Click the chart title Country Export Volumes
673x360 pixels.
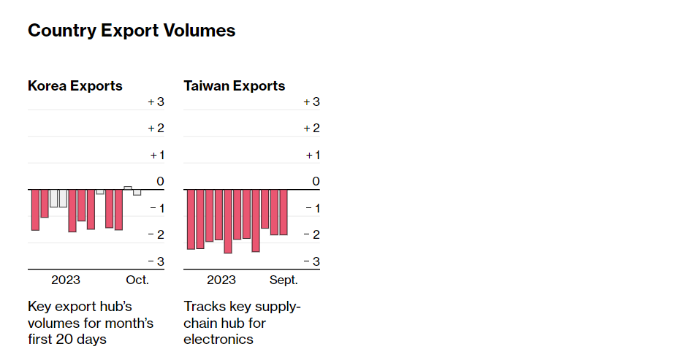pyautogui.click(x=132, y=31)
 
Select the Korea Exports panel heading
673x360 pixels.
pyautogui.click(x=75, y=86)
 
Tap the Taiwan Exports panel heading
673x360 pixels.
pyautogui.click(x=235, y=86)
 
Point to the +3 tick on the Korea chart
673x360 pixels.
pyautogui.click(x=156, y=102)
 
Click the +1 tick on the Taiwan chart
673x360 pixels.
pyautogui.click(x=312, y=155)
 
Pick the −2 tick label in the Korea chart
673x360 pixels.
pyautogui.click(x=156, y=234)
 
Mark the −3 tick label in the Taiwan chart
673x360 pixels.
pyautogui.click(x=312, y=261)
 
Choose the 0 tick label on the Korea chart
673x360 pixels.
pyautogui.click(x=161, y=181)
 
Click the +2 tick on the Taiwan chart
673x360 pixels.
pyautogui.click(x=312, y=129)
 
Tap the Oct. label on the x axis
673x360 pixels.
pyautogui.click(x=137, y=280)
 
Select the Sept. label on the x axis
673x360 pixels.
pyautogui.click(x=284, y=280)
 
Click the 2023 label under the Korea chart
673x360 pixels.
pyautogui.click(x=66, y=280)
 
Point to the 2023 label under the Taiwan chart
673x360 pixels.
pyautogui.click(x=221, y=280)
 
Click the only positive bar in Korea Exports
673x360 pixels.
pyautogui.click(x=128, y=188)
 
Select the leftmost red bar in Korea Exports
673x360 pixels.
pyautogui.click(x=35, y=210)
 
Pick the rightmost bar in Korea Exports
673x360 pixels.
pyautogui.click(x=137, y=192)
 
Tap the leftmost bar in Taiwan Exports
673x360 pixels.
pyautogui.click(x=191, y=219)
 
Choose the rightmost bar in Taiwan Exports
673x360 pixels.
pyautogui.click(x=284, y=212)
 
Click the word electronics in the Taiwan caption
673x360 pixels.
pyautogui.click(x=218, y=340)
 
